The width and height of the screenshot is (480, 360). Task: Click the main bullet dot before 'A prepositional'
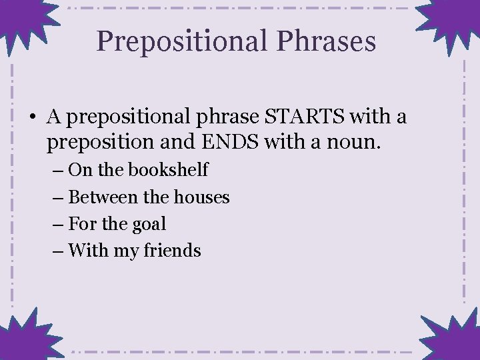coord(33,119)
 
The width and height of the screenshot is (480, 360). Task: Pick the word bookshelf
coord(168,170)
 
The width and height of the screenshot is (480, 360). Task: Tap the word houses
coord(201,197)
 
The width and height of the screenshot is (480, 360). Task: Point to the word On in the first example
coord(80,170)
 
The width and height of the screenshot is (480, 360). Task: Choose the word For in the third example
coord(82,224)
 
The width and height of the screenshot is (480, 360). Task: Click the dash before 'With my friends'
coord(57,251)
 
